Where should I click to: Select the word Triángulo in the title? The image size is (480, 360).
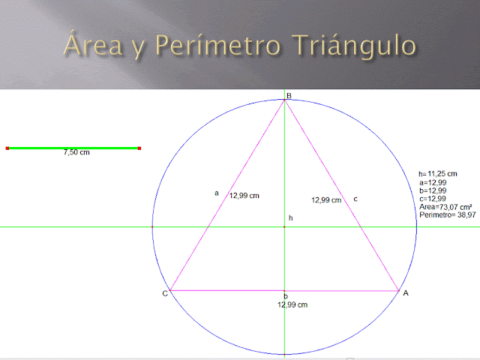pyautogui.click(x=357, y=46)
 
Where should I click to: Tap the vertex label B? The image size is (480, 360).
pyautogui.click(x=287, y=95)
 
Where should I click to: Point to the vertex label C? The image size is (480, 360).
pyautogui.click(x=165, y=293)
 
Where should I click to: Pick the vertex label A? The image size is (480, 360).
pyautogui.click(x=406, y=293)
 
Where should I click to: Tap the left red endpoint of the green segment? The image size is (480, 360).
pyautogui.click(x=7, y=148)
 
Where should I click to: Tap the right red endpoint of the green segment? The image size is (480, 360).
pyautogui.click(x=139, y=148)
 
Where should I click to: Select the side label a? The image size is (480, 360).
pyautogui.click(x=217, y=193)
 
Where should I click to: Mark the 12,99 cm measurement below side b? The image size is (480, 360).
pyautogui.click(x=292, y=305)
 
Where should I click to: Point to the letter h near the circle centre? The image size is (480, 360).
pyautogui.click(x=290, y=218)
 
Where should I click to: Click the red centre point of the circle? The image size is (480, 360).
pyautogui.click(x=285, y=226)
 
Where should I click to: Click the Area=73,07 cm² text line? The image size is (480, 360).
pyautogui.click(x=445, y=207)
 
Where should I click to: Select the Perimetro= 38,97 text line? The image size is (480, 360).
pyautogui.click(x=447, y=215)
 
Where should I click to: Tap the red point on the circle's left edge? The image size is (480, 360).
pyautogui.click(x=152, y=226)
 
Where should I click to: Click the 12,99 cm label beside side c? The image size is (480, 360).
pyautogui.click(x=326, y=200)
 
